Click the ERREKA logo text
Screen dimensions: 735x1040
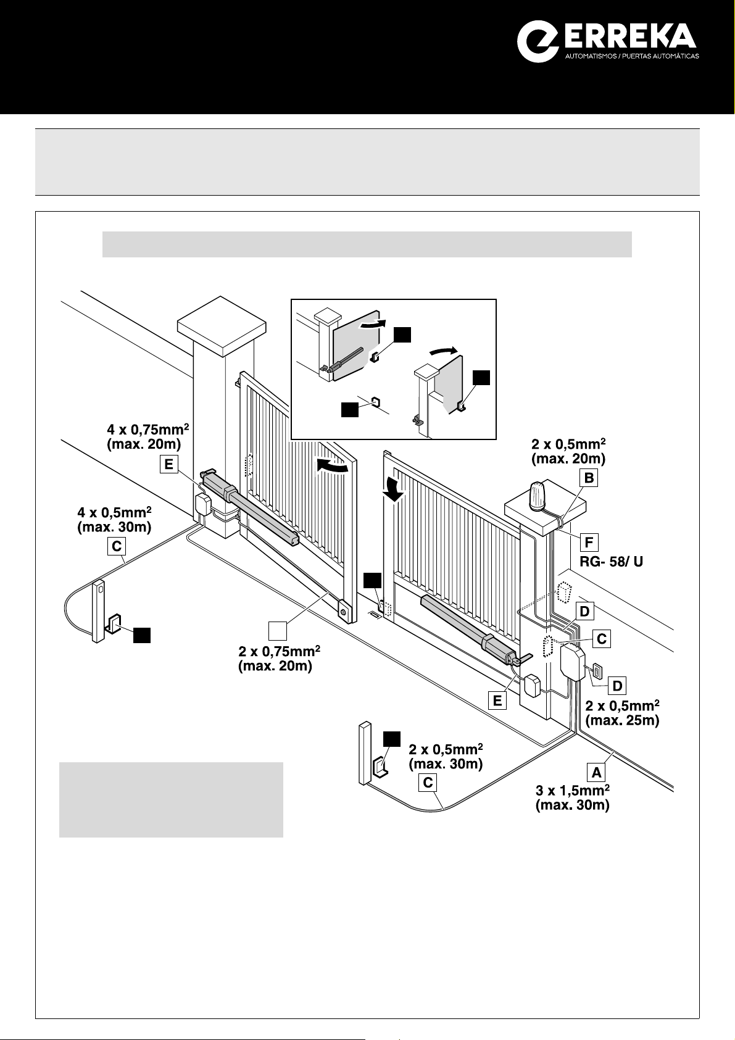[x=631, y=37]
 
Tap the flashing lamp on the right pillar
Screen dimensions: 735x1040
[x=539, y=496]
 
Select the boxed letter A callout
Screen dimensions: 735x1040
[x=596, y=772]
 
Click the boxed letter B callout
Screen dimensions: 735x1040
[x=589, y=478]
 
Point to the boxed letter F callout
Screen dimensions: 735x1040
[x=589, y=542]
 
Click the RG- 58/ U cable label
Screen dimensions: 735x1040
[x=611, y=562]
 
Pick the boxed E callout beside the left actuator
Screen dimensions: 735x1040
[x=168, y=464]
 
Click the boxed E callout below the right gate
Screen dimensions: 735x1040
[x=497, y=701]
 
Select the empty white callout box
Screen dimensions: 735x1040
[x=278, y=631]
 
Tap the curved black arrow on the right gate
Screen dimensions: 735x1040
[x=393, y=490]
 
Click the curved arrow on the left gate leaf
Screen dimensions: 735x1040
[x=331, y=466]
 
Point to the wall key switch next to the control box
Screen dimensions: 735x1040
[x=596, y=672]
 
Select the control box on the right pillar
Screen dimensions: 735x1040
[x=573, y=664]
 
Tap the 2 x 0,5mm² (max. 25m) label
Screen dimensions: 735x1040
[x=622, y=713]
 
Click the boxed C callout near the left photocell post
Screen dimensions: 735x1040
[x=117, y=546]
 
